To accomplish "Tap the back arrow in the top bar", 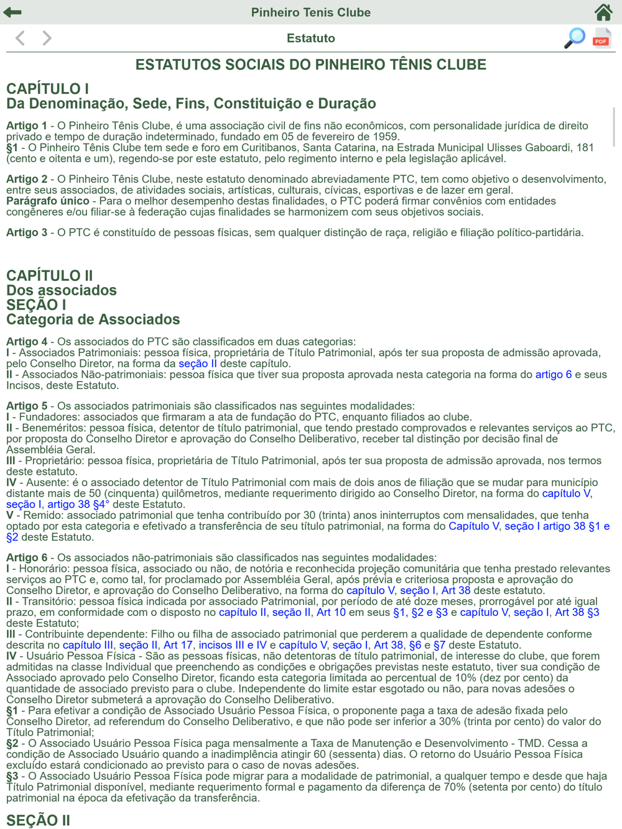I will (12, 12).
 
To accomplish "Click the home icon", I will (603, 12).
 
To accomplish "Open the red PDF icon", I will (601, 38).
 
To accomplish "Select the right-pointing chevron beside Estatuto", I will (47, 38).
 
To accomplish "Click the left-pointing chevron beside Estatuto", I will (20, 38).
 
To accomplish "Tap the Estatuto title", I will (311, 38).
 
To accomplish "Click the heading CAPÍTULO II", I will (50, 275).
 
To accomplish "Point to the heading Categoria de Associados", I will (93, 319).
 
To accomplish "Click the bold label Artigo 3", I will (27, 232).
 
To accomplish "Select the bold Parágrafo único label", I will (48, 201).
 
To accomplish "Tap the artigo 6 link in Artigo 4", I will (553, 374).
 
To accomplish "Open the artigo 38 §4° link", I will (78, 504).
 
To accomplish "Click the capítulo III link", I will (88, 645).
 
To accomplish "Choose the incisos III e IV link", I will (232, 645).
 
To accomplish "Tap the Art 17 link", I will (178, 645).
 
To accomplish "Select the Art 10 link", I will (331, 612).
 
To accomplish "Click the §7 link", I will (439, 645).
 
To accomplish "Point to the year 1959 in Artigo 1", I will (385, 137).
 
